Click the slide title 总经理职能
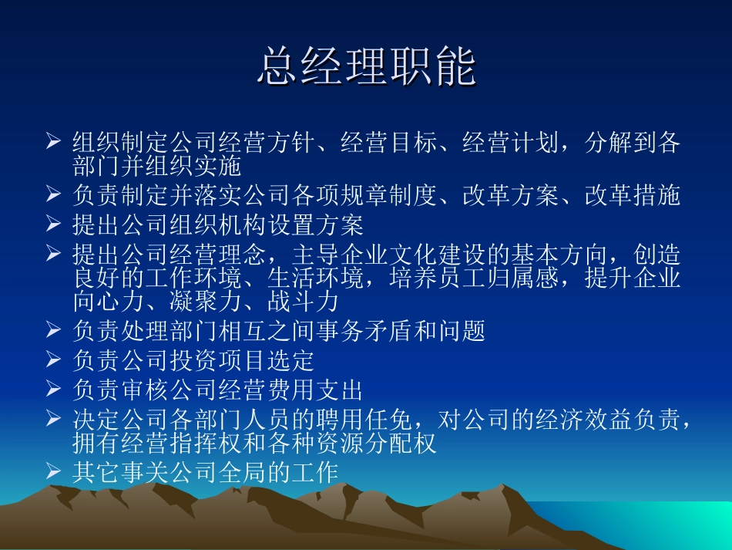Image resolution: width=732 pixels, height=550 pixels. click(x=367, y=67)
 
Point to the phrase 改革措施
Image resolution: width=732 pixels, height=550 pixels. click(x=633, y=195)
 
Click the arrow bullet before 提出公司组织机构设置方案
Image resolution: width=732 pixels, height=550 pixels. click(x=54, y=225)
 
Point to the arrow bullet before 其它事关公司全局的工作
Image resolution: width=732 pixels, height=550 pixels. click(x=54, y=472)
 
